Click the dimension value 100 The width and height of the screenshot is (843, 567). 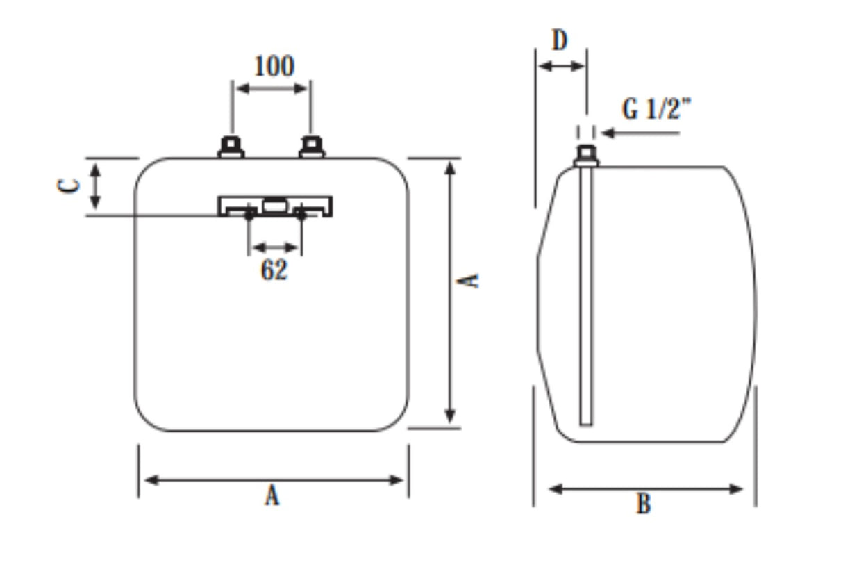click(x=274, y=67)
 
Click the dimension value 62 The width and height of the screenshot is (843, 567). click(x=274, y=270)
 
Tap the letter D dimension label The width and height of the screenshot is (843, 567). click(x=560, y=41)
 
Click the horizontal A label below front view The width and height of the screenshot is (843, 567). click(x=272, y=496)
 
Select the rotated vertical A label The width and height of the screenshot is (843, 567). click(x=471, y=280)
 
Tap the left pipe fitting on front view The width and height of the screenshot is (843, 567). click(x=231, y=148)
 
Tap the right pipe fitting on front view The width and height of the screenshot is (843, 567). click(x=312, y=148)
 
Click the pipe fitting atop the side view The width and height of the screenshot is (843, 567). click(x=587, y=156)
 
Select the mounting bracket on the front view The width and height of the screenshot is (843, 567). click(x=275, y=206)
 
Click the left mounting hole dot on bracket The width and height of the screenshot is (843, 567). click(x=249, y=215)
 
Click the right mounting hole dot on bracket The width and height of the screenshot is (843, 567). click(x=301, y=215)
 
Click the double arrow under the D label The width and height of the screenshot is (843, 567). click(x=562, y=66)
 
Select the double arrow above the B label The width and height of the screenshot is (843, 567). click(x=645, y=489)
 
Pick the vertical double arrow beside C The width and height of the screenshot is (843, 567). click(x=96, y=185)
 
